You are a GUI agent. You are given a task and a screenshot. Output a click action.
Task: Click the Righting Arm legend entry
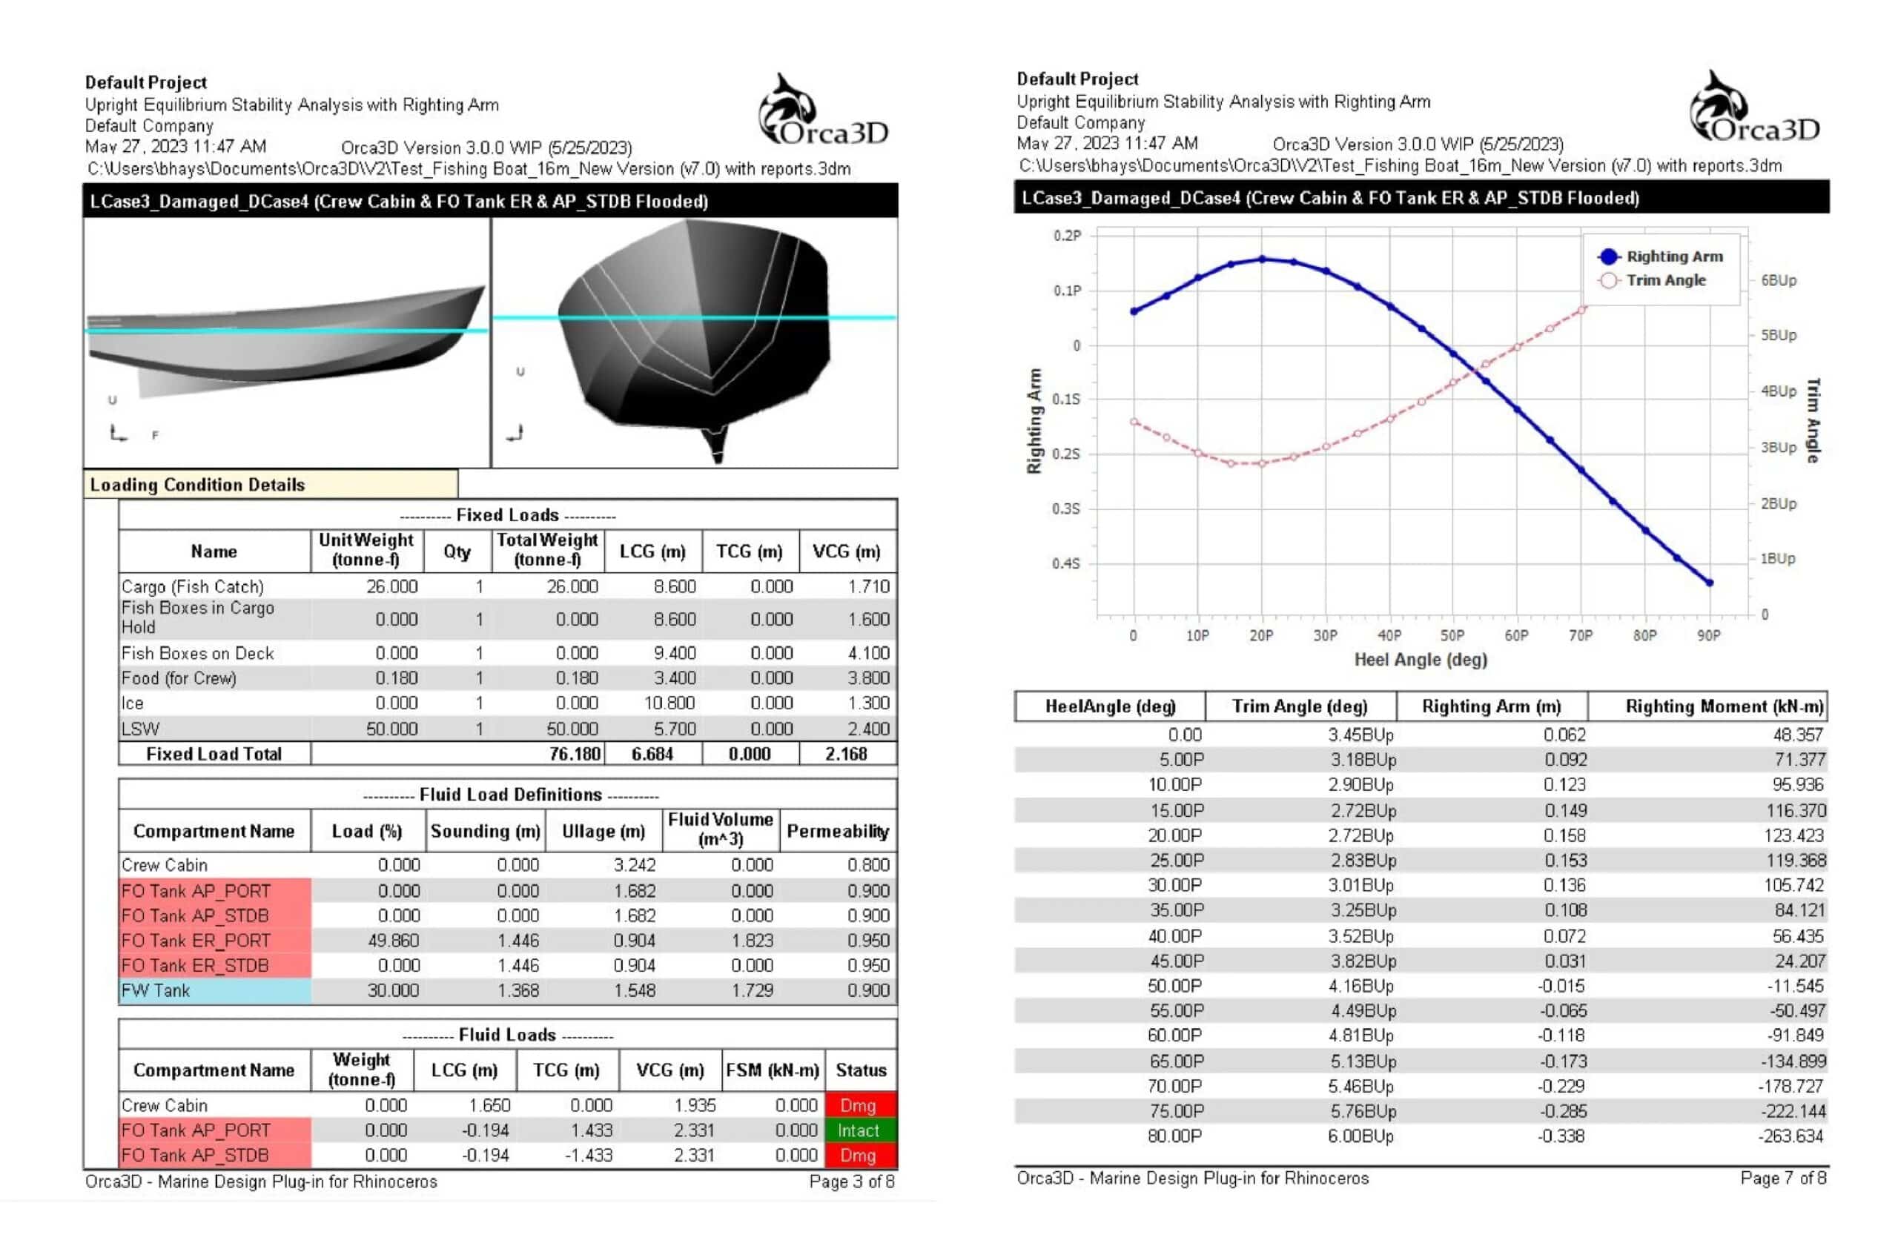pyautogui.click(x=1673, y=256)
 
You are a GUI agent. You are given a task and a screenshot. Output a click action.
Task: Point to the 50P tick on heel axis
pyautogui.click(x=1452, y=635)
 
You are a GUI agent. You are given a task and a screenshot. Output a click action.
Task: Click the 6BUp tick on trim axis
pyautogui.click(x=1779, y=281)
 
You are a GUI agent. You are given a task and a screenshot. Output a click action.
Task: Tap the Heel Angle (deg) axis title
pyautogui.click(x=1421, y=660)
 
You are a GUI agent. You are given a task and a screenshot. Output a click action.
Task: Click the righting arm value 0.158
pyautogui.click(x=1564, y=835)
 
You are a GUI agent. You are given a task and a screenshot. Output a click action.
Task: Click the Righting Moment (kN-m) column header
pyautogui.click(x=1725, y=706)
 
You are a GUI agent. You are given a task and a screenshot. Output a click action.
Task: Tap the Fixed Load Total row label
pyautogui.click(x=214, y=754)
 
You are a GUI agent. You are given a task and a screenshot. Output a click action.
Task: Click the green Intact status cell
pyautogui.click(x=858, y=1130)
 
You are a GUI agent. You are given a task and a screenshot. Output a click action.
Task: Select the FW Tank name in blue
pyautogui.click(x=156, y=991)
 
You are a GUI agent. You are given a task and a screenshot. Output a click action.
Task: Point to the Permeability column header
pyautogui.click(x=837, y=832)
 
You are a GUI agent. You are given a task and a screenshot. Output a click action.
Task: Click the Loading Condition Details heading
pyautogui.click(x=198, y=485)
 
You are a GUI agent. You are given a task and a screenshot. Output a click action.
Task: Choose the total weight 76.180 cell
pyautogui.click(x=574, y=754)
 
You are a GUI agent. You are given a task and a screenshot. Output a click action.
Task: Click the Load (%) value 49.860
pyautogui.click(x=393, y=941)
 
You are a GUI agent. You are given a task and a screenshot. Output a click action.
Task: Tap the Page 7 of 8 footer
pyautogui.click(x=1782, y=1178)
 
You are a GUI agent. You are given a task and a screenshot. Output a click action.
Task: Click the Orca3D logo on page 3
pyautogui.click(x=822, y=112)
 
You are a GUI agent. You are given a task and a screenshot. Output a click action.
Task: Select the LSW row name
pyautogui.click(x=141, y=729)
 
